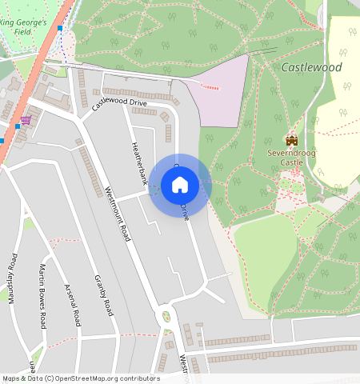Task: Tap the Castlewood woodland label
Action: click(x=311, y=68)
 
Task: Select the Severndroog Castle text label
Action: click(x=290, y=157)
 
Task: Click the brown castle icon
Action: click(x=290, y=140)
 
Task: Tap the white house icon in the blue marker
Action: click(x=180, y=185)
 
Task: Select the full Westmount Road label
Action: click(x=118, y=215)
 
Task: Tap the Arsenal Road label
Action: click(x=73, y=305)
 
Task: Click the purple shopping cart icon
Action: click(x=26, y=120)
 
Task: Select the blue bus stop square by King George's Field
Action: click(x=60, y=28)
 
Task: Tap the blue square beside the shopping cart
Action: click(x=17, y=126)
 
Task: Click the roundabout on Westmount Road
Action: click(x=166, y=315)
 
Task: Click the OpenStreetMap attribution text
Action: click(x=80, y=378)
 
